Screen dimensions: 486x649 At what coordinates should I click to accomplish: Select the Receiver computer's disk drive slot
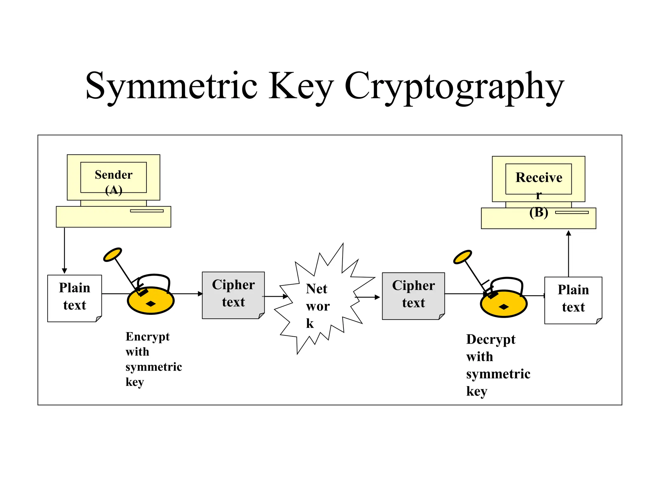[x=572, y=212]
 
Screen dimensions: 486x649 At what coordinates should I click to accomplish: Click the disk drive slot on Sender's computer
[x=147, y=211]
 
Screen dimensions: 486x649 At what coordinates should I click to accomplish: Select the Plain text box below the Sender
[x=74, y=298]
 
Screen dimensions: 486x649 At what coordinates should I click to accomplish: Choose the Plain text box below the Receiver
[x=573, y=300]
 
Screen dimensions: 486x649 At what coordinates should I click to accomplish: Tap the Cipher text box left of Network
[x=233, y=295]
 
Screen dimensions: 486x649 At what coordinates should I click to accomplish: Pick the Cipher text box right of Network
[x=413, y=296]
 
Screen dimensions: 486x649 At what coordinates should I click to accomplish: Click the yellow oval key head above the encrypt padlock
[x=112, y=255]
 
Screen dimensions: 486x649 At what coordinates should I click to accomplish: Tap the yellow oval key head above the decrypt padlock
[x=462, y=257]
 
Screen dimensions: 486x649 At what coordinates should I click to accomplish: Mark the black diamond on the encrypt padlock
[x=151, y=304]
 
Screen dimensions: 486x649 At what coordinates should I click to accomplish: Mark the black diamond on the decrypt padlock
[x=504, y=307]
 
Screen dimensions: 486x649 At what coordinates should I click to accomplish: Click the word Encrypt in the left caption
[x=147, y=337]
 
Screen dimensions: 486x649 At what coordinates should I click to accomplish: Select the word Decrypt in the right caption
[x=491, y=340]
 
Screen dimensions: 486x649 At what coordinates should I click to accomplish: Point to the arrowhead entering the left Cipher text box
[x=200, y=294]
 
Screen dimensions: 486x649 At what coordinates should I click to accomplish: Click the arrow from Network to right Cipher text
[x=368, y=297]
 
